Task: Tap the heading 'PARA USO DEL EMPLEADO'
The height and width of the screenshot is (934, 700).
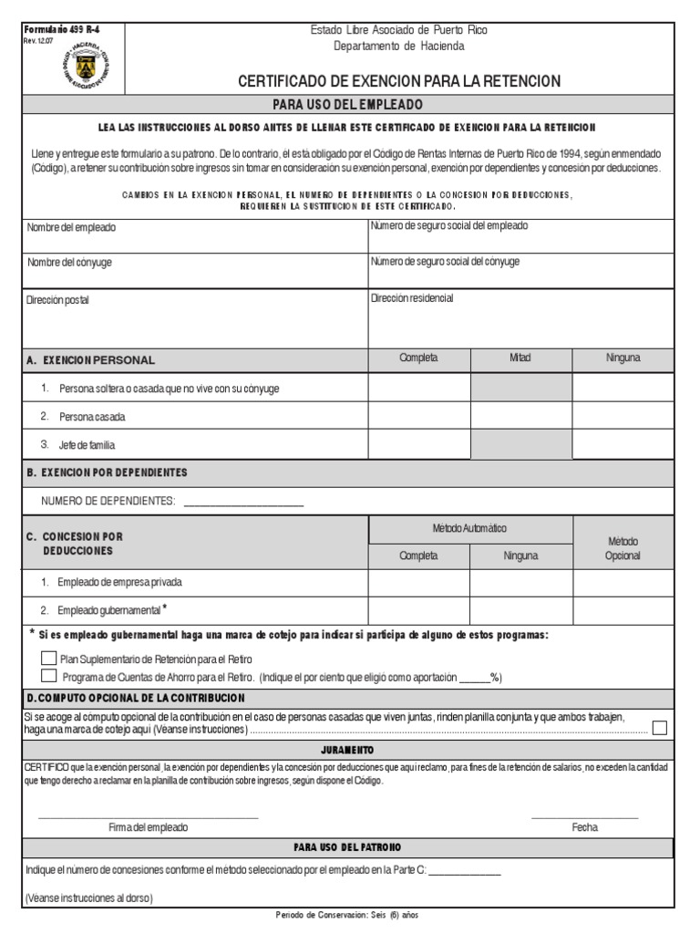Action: tap(349, 104)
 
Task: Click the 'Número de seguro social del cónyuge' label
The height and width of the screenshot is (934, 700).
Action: tap(445, 261)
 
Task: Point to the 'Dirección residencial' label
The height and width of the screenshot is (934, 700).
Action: tap(412, 298)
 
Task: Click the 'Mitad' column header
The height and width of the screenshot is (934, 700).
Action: tap(520, 358)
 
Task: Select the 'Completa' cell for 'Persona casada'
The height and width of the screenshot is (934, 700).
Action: tap(418, 416)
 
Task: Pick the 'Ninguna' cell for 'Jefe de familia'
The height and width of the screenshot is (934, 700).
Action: tap(623, 444)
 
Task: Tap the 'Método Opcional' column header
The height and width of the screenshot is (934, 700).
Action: tap(623, 547)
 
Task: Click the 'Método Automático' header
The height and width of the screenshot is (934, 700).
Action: tap(469, 528)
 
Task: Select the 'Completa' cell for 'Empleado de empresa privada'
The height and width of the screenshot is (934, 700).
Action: tap(418, 582)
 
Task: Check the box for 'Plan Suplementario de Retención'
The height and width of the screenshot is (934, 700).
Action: tap(48, 659)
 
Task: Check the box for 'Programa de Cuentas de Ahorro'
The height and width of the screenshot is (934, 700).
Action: tap(48, 676)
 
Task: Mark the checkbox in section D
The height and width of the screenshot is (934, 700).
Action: tap(660, 727)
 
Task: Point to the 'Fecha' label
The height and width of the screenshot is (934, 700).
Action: tap(584, 827)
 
